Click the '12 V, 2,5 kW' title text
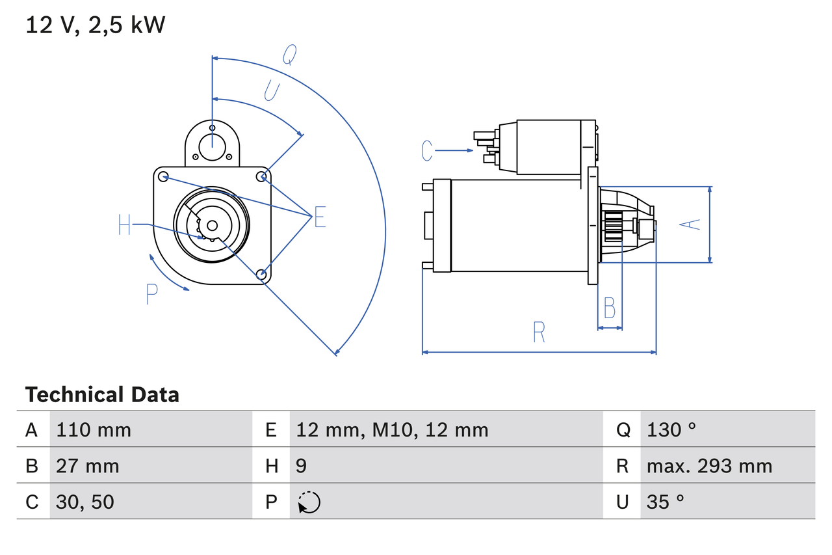tap(96, 25)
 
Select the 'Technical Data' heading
tap(102, 394)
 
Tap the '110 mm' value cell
tap(94, 429)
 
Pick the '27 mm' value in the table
tap(88, 466)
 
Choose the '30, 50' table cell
tap(85, 502)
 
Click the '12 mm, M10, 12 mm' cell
tap(392, 429)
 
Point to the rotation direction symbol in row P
tap(309, 502)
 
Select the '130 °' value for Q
tap(671, 429)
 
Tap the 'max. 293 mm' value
tap(709, 466)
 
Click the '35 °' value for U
tap(666, 502)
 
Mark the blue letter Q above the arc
tap(290, 56)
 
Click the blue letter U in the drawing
tap(272, 91)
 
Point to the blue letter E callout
tap(320, 217)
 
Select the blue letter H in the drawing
tap(125, 225)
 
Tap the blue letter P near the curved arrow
tap(151, 294)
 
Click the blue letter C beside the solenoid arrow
tap(426, 150)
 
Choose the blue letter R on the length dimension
tap(539, 332)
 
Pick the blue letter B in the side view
tap(609, 308)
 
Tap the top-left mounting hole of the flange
tap(163, 176)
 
